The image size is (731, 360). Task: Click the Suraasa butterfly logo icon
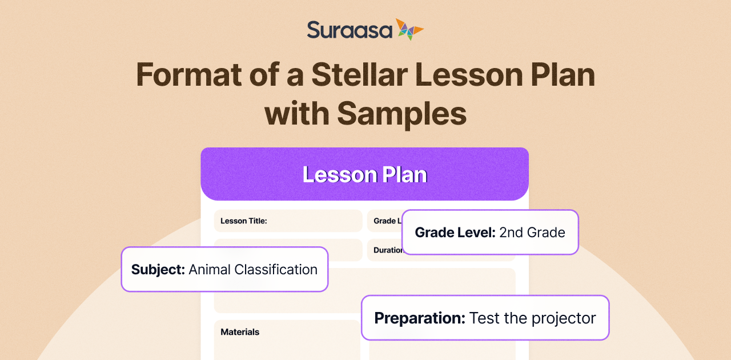coord(409,29)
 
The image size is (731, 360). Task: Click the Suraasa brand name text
coord(350,30)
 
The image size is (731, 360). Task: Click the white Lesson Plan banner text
coord(364,174)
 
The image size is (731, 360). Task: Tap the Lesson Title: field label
coord(244,221)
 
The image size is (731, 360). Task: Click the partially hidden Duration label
coord(388,250)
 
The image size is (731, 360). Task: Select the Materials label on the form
coord(240,331)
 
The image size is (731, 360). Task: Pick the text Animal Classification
coord(253,270)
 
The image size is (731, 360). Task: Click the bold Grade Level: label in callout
coord(455,232)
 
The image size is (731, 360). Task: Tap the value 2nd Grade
coord(532,232)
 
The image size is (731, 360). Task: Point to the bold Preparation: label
coord(420,318)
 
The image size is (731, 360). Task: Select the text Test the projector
coord(532,318)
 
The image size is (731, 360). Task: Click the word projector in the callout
coord(564,318)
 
